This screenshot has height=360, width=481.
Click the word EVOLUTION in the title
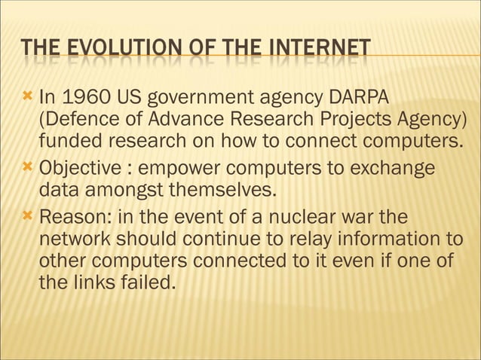tap(112, 50)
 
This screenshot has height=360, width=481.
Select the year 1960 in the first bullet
tap(90, 98)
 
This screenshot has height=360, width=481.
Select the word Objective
tap(78, 166)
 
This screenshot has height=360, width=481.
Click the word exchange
tap(396, 166)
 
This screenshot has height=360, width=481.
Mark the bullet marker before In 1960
tap(28, 98)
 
